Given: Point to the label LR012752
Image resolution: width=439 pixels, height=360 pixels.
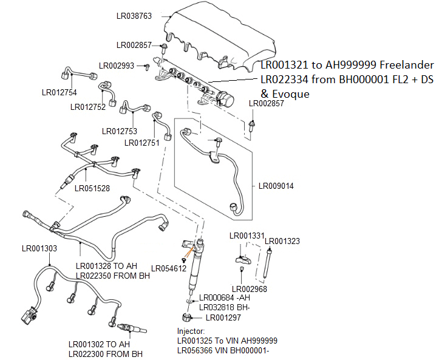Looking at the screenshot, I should (x=88, y=107).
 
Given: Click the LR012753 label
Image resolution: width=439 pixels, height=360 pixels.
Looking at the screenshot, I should (x=120, y=131).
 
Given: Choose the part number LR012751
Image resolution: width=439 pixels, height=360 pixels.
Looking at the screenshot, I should (x=143, y=143).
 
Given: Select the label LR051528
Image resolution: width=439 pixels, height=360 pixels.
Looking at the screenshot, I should (x=92, y=188).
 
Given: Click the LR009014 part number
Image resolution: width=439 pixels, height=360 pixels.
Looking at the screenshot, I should (x=276, y=186).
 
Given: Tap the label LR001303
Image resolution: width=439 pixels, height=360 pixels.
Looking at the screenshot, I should (x=40, y=248).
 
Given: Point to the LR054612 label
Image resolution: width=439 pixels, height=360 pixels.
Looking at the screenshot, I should (x=169, y=268).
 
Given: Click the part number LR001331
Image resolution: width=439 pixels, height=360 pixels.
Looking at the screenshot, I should (x=247, y=236).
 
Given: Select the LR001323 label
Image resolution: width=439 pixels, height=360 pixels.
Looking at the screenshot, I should (x=282, y=241).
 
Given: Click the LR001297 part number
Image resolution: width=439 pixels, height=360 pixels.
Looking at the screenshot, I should (x=223, y=317).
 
